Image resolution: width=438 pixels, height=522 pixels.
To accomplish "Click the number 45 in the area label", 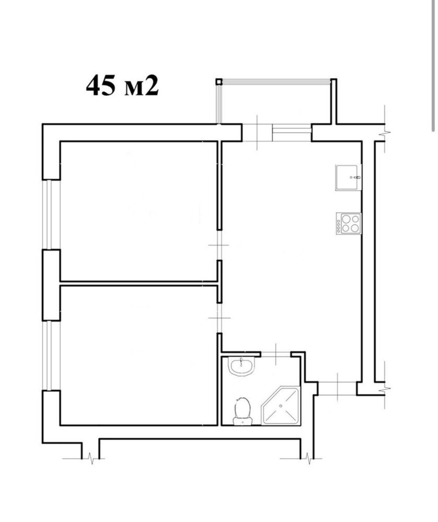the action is tap(101, 86).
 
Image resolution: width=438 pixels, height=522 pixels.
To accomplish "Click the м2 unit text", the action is tap(141, 86).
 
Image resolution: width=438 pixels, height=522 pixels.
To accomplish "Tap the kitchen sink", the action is tap(348, 178).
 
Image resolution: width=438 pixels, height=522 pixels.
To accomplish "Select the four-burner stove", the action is tap(348, 224).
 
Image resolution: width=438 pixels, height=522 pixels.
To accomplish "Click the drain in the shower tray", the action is tap(281, 406).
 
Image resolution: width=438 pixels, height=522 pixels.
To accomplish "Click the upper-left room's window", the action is tap(51, 214).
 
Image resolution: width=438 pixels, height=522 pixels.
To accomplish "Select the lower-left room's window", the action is tap(51, 355).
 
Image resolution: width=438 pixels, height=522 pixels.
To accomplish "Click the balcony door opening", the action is tap(257, 133).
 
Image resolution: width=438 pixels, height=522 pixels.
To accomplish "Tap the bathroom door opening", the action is tap(276, 354).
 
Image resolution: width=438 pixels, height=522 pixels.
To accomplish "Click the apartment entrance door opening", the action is tap(337, 389).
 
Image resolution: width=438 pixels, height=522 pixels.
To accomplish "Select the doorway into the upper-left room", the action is tap(219, 245).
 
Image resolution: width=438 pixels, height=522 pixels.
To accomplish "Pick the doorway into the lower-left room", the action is tap(219, 318).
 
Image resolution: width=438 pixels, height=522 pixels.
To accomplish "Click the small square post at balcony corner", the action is tap(219, 81).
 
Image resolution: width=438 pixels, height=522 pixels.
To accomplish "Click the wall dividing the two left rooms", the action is tap(138, 283).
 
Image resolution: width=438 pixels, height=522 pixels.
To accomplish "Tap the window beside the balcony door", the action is tap(292, 133).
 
